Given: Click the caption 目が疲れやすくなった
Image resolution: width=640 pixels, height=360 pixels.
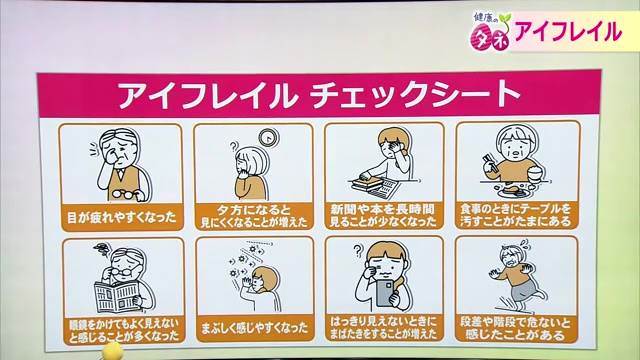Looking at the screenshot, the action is pos(121,217).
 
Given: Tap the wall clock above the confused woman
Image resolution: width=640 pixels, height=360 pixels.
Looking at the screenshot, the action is pos(269,138).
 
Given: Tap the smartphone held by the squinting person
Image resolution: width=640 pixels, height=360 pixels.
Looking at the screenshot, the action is pos(384,292).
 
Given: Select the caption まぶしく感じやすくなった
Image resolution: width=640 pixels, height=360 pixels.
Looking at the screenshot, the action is pos(254,328).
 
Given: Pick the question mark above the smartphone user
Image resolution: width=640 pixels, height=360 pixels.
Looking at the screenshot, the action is pos(358,250).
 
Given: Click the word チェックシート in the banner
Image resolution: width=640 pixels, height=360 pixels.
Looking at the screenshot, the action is pos(414,95).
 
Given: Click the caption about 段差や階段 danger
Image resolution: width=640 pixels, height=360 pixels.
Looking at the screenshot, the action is pos(515,329).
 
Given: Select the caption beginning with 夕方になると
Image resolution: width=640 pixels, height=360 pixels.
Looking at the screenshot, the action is pos(254,216).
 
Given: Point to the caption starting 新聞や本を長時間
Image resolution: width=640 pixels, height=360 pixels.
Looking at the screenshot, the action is pos(383,216).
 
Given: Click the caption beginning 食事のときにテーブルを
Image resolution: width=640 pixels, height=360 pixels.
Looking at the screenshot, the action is pos(516,215).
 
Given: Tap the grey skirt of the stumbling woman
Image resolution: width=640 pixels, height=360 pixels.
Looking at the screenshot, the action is pos(525,291).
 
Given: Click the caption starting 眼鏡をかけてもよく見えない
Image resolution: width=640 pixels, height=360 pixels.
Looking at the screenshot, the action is pos(124,330).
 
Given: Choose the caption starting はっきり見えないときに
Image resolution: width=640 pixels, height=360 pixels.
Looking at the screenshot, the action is pos(383,328).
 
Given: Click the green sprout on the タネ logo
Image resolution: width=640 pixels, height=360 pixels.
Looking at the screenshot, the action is pos(504,18).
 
